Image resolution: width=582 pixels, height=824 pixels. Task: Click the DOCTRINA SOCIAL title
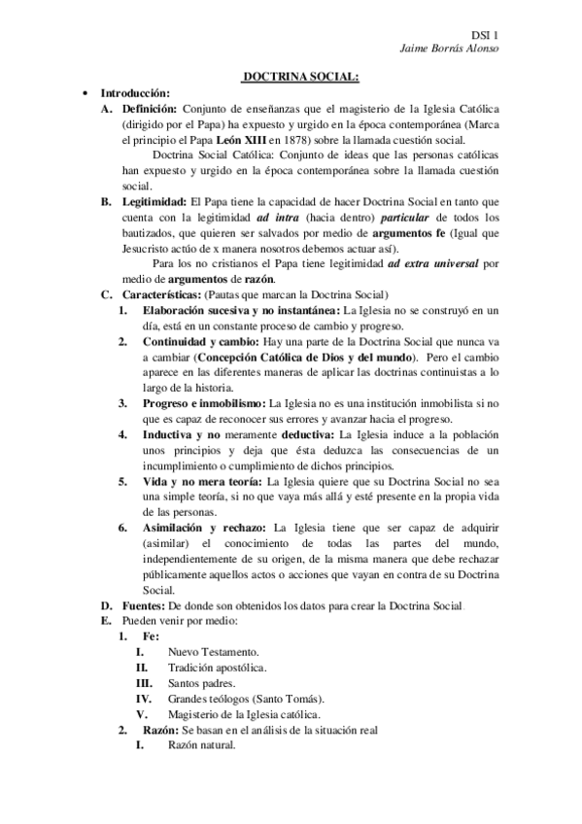(x=300, y=77)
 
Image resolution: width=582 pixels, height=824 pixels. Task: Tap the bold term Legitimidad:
(x=157, y=201)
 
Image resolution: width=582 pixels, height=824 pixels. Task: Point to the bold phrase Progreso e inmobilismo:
(x=203, y=401)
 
